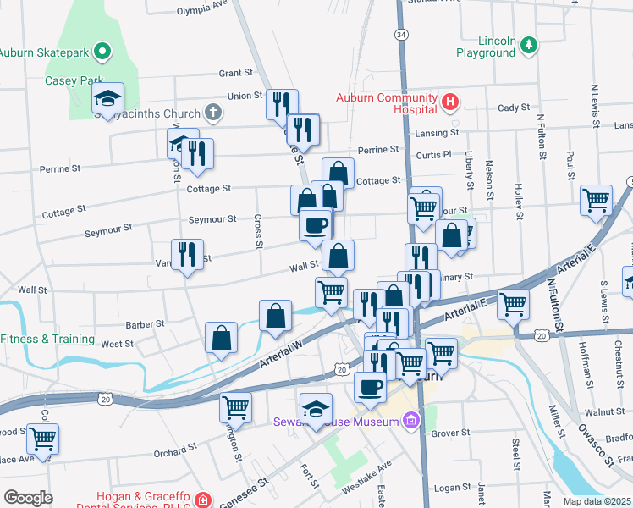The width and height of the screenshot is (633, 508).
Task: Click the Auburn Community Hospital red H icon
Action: tap(450, 103)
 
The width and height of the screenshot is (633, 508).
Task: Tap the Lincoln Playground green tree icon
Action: tap(529, 43)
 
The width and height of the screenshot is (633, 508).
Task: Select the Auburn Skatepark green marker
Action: tap(103, 52)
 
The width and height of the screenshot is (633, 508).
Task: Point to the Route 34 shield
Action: tap(400, 35)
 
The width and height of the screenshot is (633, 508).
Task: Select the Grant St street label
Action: tap(236, 74)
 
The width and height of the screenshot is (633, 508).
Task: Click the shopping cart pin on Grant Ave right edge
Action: tap(597, 201)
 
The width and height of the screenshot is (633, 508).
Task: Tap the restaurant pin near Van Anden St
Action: tap(187, 254)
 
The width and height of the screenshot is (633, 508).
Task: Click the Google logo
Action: tap(27, 498)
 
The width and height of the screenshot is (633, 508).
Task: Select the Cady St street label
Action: tap(513, 108)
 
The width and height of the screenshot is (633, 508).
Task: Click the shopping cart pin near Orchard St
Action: tap(235, 408)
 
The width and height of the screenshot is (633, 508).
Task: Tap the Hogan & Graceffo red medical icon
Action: tap(201, 500)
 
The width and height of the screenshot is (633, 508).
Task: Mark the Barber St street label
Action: tap(144, 324)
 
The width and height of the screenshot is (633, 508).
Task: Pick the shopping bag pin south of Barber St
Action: tap(221, 337)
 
